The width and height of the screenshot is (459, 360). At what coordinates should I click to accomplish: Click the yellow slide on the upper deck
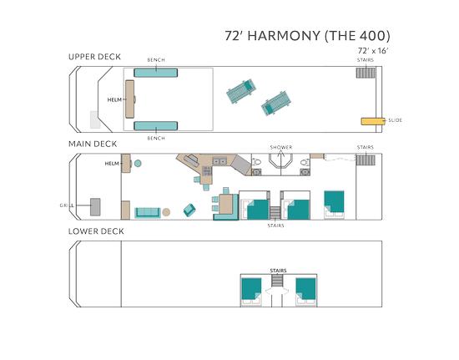[x=373, y=121]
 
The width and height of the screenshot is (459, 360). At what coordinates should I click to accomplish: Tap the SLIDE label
[x=396, y=120]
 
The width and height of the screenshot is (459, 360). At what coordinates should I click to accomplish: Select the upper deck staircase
[x=366, y=73]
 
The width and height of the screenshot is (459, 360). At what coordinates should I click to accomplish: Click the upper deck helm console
[x=130, y=99]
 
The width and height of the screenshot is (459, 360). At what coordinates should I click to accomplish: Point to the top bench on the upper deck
[x=156, y=73]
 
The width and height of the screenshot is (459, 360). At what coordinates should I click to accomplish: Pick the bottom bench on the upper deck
[x=156, y=126]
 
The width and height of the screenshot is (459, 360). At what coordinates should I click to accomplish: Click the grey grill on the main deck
[x=95, y=207]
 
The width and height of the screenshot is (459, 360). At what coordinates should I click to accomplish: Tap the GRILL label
[x=67, y=205]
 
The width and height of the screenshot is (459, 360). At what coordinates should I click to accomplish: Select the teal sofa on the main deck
[x=148, y=213]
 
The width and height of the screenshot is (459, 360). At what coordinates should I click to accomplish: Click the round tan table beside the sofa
[x=166, y=212]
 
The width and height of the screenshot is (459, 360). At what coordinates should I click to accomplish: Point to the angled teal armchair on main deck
[x=189, y=210]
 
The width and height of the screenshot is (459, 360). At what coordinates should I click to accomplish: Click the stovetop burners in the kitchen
[x=207, y=170]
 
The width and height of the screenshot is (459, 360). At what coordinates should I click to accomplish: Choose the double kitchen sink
[x=219, y=161]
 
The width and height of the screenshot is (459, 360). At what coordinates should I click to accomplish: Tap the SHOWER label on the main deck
[x=281, y=147]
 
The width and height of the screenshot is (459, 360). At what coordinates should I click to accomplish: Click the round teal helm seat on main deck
[x=138, y=164]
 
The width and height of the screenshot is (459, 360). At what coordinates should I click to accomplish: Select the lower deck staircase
[x=277, y=281]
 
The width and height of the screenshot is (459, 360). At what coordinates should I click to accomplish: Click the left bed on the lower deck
[x=251, y=292]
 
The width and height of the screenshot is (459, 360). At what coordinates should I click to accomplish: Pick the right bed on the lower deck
[x=306, y=292]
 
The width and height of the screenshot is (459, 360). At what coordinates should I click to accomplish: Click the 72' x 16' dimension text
[x=373, y=51]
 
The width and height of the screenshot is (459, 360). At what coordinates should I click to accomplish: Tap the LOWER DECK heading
[x=96, y=231]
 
